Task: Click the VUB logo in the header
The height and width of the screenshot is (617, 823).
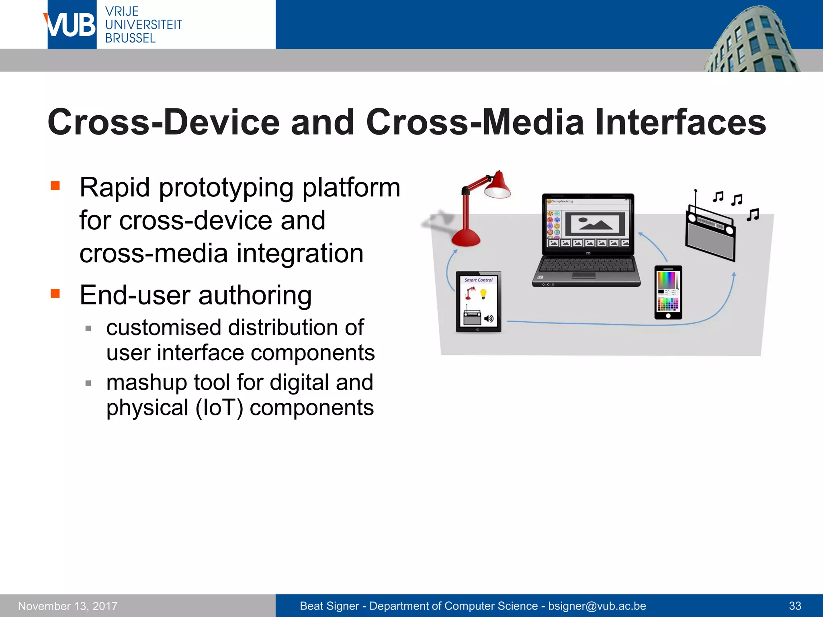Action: (72, 25)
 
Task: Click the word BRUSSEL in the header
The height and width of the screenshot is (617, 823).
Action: (130, 39)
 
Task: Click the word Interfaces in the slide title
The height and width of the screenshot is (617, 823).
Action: (680, 122)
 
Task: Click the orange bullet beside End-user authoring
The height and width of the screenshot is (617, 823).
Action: (55, 293)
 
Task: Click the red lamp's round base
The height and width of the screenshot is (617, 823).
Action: (466, 239)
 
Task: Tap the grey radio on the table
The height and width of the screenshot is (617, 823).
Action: (710, 237)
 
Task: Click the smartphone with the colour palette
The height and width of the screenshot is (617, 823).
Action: (668, 292)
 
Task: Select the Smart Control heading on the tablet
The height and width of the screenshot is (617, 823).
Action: (478, 280)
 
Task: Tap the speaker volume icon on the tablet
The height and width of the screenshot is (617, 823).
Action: (489, 319)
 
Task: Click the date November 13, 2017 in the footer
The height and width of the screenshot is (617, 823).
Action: (68, 606)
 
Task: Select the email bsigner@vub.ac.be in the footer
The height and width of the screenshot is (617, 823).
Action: (597, 606)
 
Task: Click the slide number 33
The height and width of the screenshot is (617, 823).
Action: (795, 606)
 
